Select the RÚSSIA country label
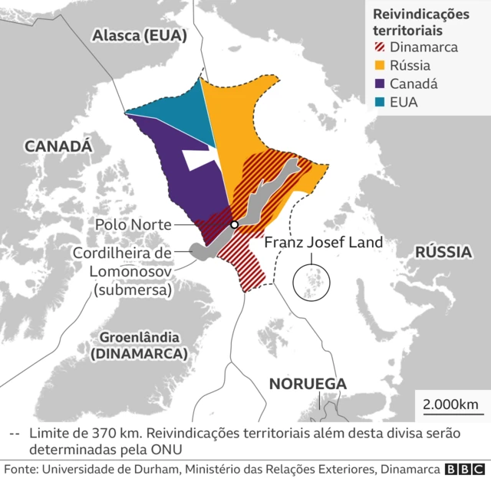tap(443, 252)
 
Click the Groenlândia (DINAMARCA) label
tap(139, 345)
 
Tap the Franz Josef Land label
tap(323, 243)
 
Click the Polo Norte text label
tap(133, 224)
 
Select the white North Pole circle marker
tap(234, 224)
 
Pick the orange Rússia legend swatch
tap(379, 65)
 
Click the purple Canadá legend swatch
tap(379, 83)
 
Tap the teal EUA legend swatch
tap(379, 102)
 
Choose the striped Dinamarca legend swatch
tap(379, 47)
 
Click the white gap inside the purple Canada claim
tap(202, 159)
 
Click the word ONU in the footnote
tap(170, 448)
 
